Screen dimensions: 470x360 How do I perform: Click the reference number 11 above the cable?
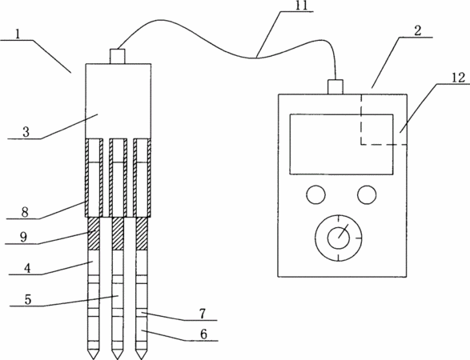[x=302, y=6]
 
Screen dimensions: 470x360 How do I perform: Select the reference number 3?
[x=26, y=132]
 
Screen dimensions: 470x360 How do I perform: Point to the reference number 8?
[x=25, y=212]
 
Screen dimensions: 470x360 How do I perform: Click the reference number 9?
[x=23, y=237]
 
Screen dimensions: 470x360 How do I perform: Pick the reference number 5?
[x=28, y=299]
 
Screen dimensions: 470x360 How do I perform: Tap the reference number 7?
[x=203, y=314]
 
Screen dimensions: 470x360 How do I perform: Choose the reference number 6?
[x=203, y=334]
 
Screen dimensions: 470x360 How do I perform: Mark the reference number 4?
[x=27, y=268]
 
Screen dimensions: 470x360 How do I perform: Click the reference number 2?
[x=418, y=31]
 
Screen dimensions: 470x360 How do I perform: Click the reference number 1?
[x=18, y=34]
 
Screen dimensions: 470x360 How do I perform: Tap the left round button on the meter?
[x=316, y=194]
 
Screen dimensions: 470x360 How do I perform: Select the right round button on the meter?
[x=367, y=194]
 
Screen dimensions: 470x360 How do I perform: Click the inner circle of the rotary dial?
[x=339, y=238]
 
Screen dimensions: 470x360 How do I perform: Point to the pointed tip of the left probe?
[x=93, y=358]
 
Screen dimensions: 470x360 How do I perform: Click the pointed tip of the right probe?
[x=141, y=358]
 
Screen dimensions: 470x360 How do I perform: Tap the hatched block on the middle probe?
[x=118, y=234]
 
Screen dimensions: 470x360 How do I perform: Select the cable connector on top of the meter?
[x=335, y=87]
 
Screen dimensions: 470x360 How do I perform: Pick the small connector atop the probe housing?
[x=118, y=56]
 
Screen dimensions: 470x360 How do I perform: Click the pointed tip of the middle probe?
[x=118, y=358]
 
